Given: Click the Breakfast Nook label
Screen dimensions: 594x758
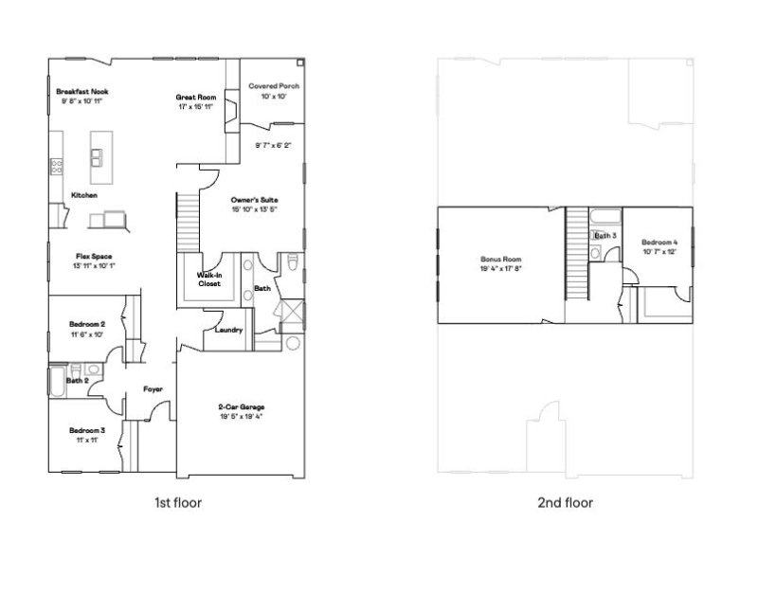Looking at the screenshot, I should pos(81,92).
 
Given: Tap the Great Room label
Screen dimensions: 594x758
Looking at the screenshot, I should pos(197,98).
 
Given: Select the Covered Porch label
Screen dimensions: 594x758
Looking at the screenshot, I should pos(274,86).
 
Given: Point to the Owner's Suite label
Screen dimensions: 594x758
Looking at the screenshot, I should pos(254,201).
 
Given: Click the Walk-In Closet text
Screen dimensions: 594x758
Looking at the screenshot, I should pos(209,279).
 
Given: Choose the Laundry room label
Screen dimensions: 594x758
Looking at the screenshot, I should pos(230,331).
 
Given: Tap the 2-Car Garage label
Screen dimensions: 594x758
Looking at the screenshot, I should pos(241,408).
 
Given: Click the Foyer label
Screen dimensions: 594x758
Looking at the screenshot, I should pos(153,388).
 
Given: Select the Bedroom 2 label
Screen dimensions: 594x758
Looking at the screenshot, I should pos(86,324).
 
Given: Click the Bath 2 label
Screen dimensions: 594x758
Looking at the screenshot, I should pos(77,381).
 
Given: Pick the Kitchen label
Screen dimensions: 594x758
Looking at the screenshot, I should pos(84,195).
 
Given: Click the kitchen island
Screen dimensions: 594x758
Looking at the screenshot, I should pos(98,166).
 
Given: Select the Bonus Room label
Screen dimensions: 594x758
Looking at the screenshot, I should pos(499,260).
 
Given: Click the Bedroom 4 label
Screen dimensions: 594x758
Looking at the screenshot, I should pos(659,242).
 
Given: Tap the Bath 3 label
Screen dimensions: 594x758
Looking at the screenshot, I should pos(605,235).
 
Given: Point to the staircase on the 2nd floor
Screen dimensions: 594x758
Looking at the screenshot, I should pos(577,251).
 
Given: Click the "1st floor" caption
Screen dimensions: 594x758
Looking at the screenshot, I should pos(177,503).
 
